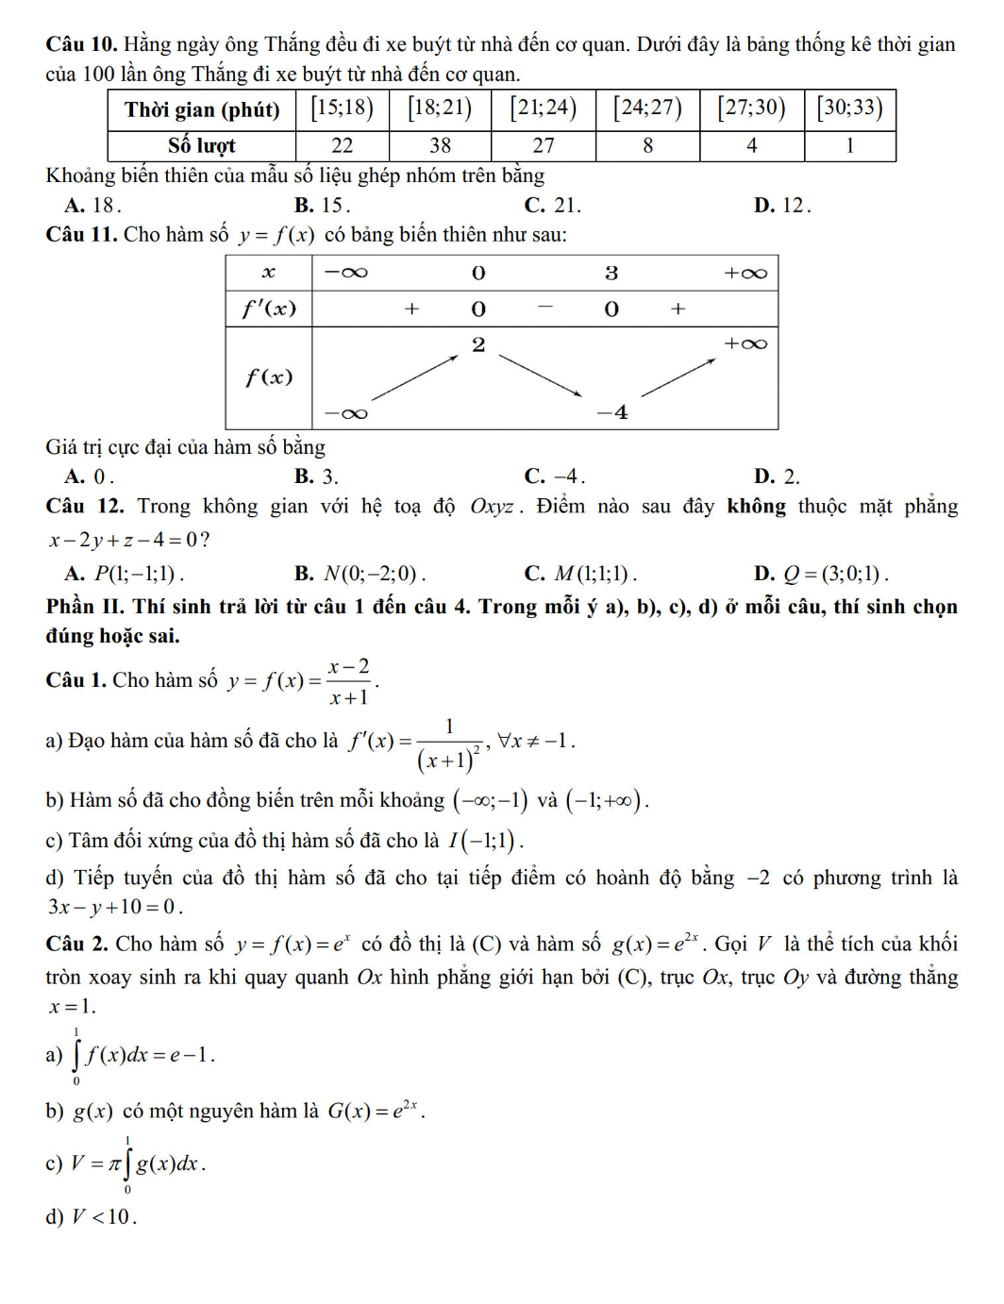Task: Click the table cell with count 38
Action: coord(440,145)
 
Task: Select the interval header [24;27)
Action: coord(647,108)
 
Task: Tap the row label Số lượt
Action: coord(201,145)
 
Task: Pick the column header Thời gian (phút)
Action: coord(201,109)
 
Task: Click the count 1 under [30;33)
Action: coord(849,145)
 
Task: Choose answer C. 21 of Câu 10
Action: coord(553,205)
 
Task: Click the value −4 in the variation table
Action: coord(613,412)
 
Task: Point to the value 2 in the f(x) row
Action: coord(478,344)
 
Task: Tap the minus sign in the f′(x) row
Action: coord(544,308)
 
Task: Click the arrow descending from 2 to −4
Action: coord(541,376)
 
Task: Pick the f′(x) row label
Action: coord(269,309)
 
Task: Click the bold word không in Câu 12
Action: coord(756,507)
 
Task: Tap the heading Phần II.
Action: coord(85,607)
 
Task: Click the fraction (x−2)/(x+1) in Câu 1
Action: coord(349,681)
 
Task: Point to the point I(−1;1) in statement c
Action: coord(485,841)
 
